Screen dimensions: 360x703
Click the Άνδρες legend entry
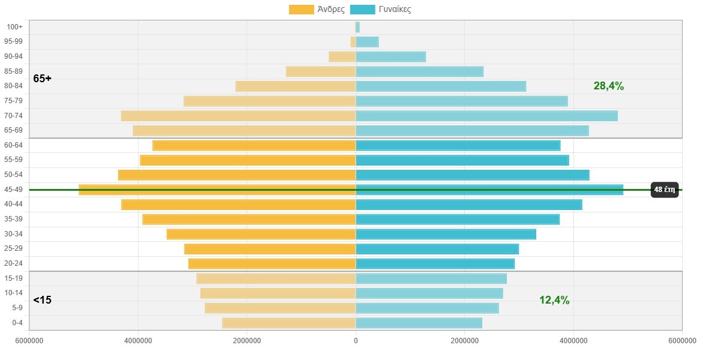(317, 9)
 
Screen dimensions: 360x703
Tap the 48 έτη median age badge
(665, 190)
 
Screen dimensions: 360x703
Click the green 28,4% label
(608, 86)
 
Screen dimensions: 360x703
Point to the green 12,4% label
(554, 300)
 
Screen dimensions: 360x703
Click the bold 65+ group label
(42, 79)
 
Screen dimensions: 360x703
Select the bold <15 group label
(42, 300)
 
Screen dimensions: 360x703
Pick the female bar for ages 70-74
(486, 116)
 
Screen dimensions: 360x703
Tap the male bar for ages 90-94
(342, 56)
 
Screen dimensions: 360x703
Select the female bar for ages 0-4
(419, 323)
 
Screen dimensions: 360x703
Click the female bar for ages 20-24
(435, 263)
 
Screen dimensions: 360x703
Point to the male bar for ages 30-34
(261, 234)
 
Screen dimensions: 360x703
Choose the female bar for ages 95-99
(367, 42)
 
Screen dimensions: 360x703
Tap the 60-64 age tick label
(13, 145)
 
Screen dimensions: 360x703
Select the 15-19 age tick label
(13, 278)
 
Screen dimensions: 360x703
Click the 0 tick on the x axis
(356, 341)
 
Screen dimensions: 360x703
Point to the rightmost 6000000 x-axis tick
(681, 341)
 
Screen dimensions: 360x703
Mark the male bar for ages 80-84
(296, 86)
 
